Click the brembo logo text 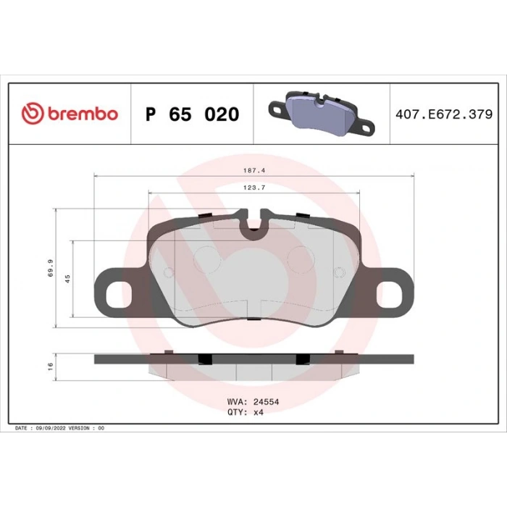[x=83, y=114]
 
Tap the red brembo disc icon [x=33, y=114]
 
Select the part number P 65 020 [x=192, y=114]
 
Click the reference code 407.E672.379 [x=444, y=114]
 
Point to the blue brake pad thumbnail [x=322, y=113]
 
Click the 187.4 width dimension [x=254, y=170]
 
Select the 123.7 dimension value [x=254, y=188]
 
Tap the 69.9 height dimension [x=51, y=268]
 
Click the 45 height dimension [x=67, y=279]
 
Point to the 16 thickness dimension [x=50, y=366]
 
